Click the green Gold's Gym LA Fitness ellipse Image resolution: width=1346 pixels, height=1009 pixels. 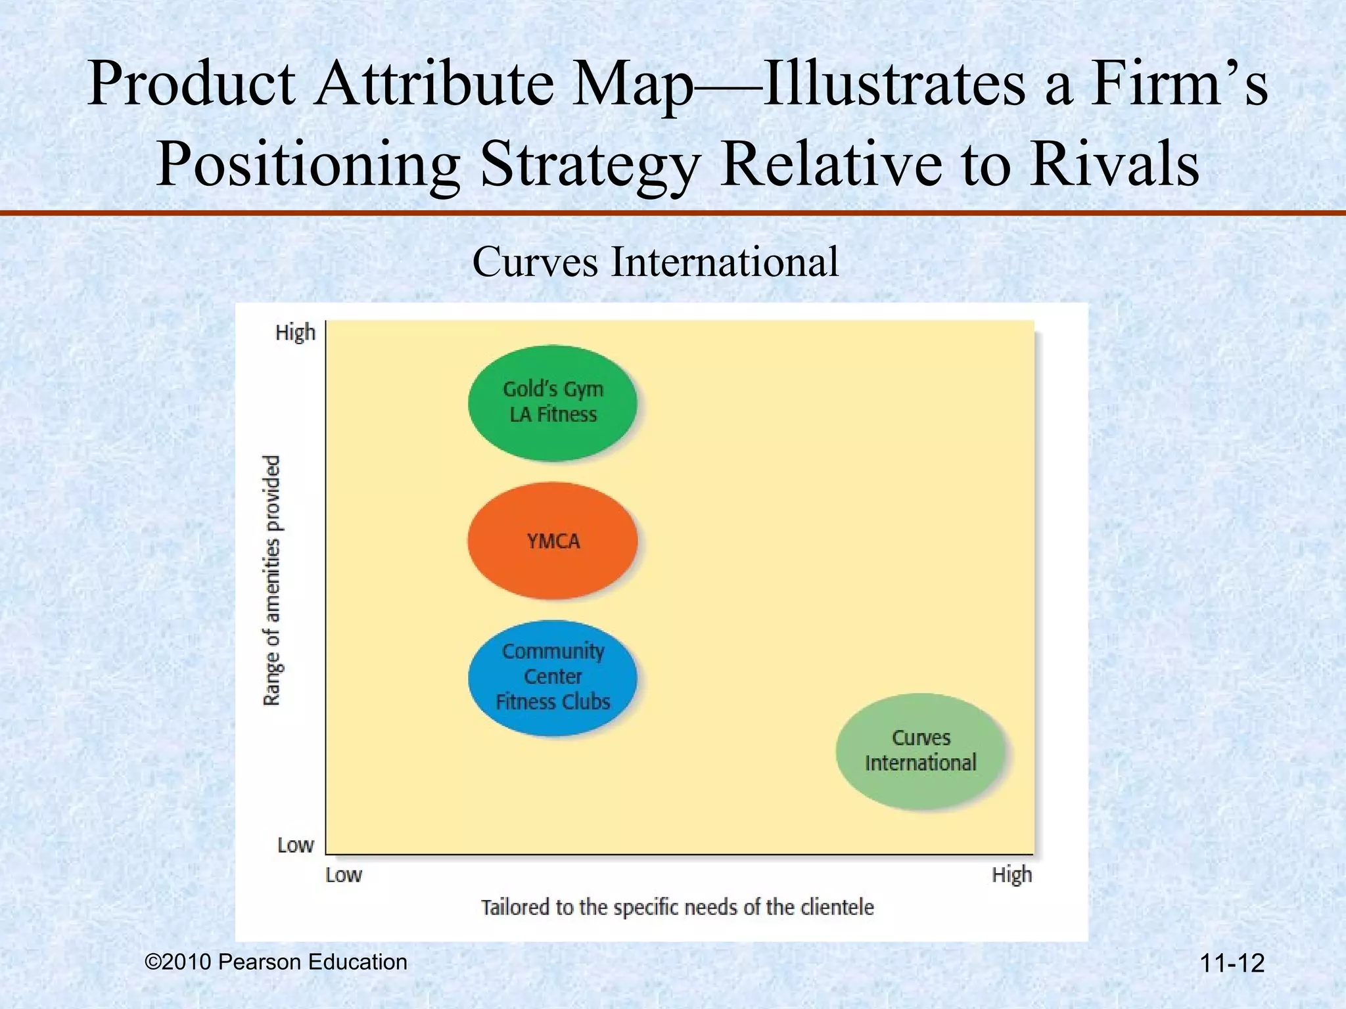(x=553, y=402)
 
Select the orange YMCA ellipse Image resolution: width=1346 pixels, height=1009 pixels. (x=553, y=541)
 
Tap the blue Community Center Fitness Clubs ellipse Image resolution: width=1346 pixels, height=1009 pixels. (x=553, y=677)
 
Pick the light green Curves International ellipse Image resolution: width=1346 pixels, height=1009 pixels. (x=921, y=750)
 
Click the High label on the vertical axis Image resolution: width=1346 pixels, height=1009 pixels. (x=295, y=333)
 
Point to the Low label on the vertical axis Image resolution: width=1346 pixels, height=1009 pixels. (x=295, y=845)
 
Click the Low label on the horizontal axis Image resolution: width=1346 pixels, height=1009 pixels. (x=344, y=875)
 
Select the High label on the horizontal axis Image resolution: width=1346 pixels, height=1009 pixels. (x=1011, y=875)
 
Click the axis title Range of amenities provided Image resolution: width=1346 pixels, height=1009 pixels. (x=272, y=581)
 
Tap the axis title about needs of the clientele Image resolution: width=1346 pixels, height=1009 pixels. (x=678, y=908)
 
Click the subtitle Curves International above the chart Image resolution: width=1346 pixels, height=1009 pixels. (x=655, y=262)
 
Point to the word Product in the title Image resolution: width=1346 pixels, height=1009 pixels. (x=191, y=84)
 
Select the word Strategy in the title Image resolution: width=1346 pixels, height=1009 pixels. (x=589, y=166)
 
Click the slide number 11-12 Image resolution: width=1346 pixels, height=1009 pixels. (x=1232, y=964)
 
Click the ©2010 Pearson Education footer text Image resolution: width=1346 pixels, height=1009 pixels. (x=276, y=962)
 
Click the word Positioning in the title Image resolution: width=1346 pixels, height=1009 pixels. (x=308, y=166)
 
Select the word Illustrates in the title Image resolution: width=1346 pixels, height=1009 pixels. (x=893, y=84)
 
